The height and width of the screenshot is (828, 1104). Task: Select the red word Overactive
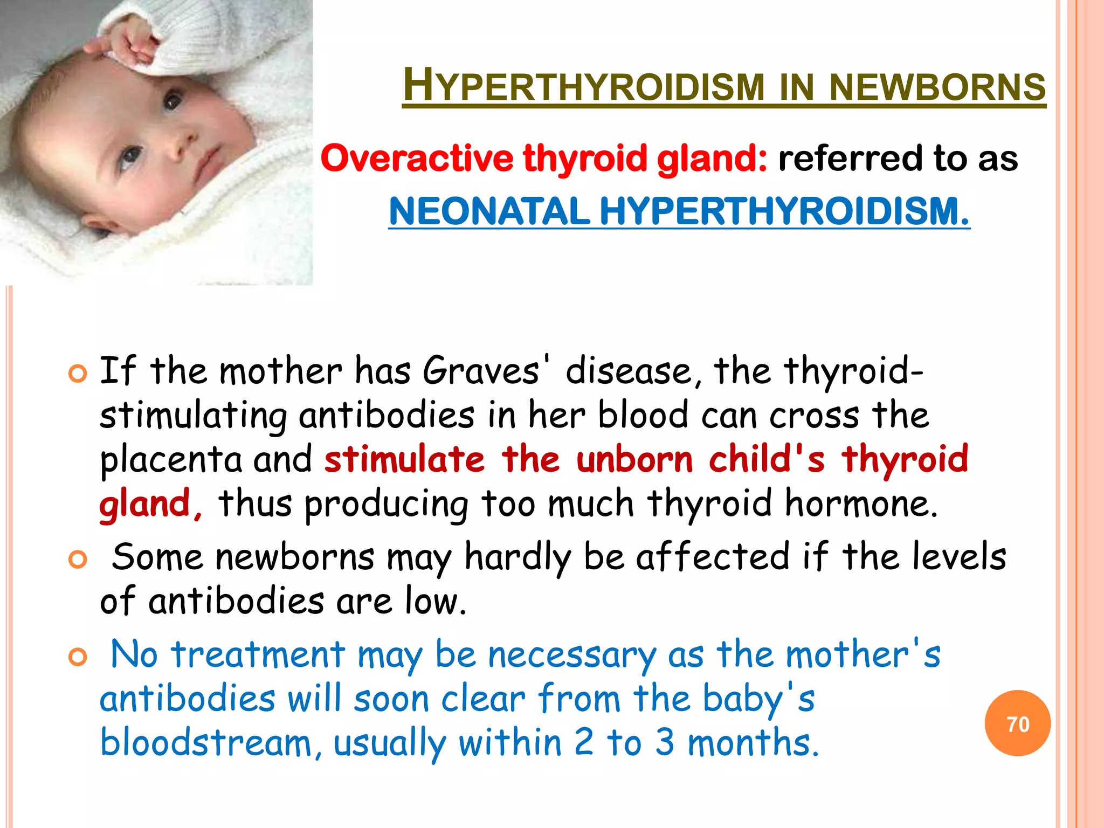point(417,158)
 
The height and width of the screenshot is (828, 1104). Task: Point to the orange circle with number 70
point(1017,723)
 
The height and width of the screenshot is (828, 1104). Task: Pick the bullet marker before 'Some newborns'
point(78,560)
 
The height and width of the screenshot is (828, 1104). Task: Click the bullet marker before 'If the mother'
point(78,374)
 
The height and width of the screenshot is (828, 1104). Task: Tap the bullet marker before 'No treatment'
point(78,657)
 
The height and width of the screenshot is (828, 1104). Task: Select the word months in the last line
point(753,743)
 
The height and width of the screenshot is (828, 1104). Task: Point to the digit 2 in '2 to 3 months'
point(584,742)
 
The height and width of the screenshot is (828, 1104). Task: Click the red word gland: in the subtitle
point(712,160)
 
